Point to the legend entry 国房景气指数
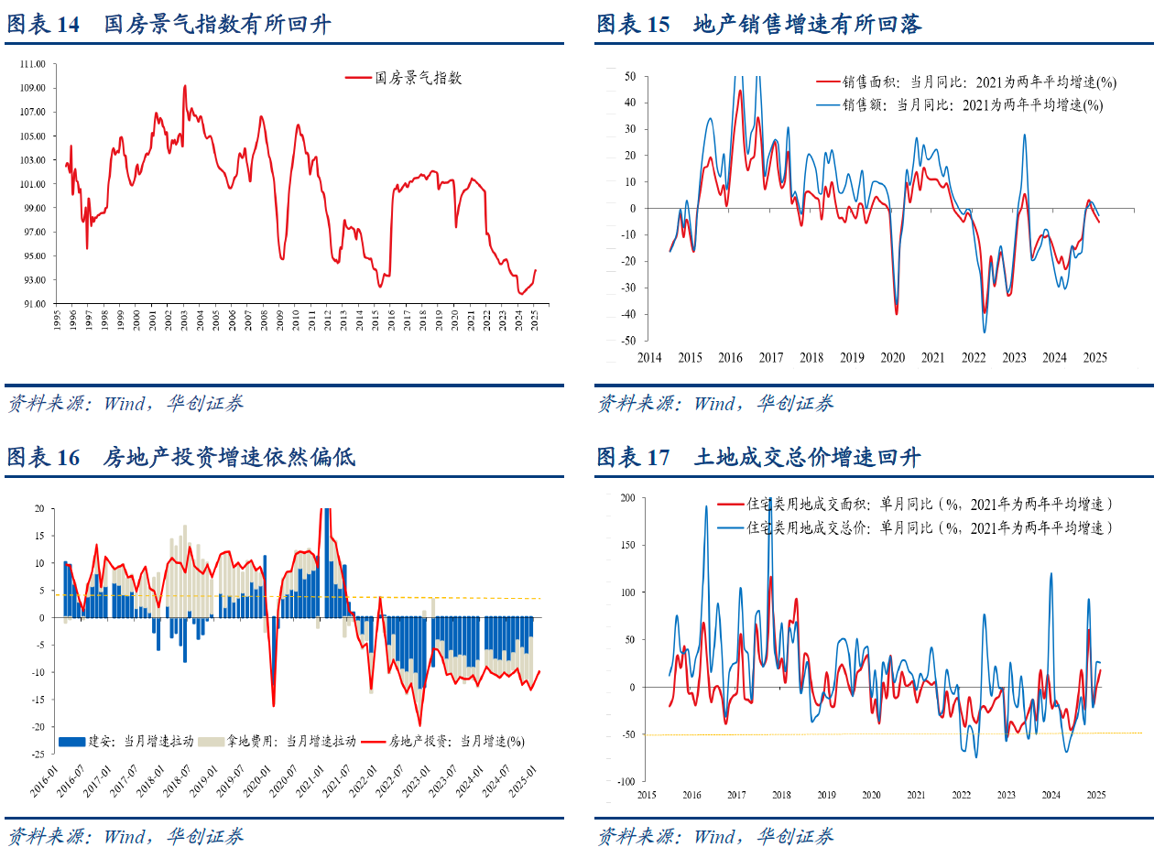(419, 79)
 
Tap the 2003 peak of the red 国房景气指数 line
(185, 87)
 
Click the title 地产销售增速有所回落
(807, 24)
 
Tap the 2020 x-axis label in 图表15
(893, 358)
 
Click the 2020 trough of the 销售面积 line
(896, 313)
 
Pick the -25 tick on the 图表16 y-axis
(38, 754)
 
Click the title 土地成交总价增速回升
(807, 457)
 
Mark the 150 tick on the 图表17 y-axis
(626, 545)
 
